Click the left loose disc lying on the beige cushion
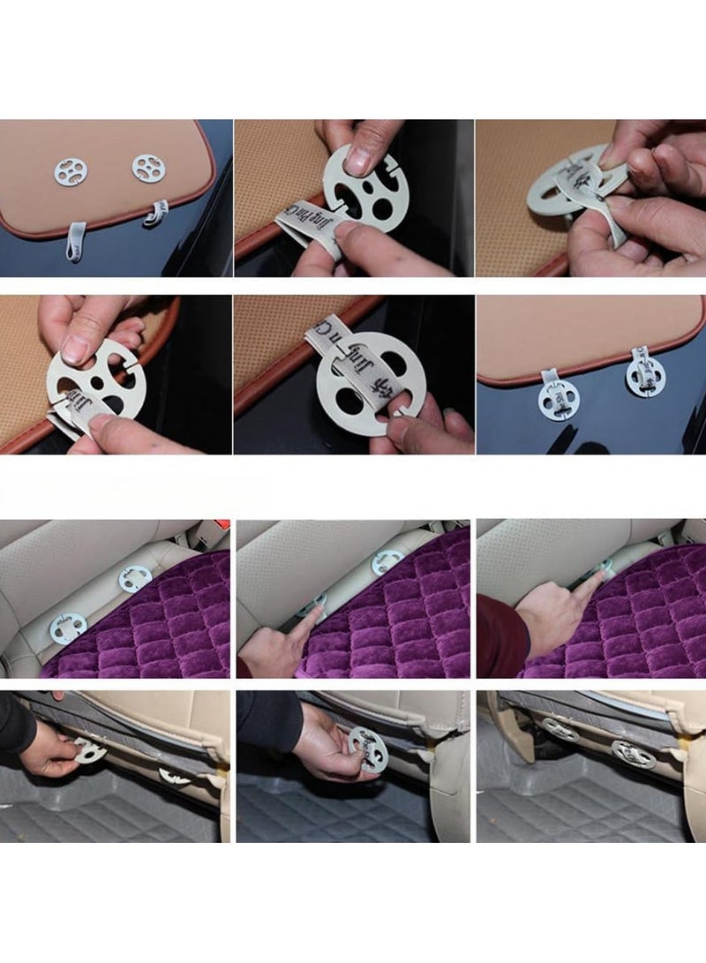pyautogui.click(x=71, y=171)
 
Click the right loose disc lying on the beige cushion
pyautogui.click(x=148, y=168)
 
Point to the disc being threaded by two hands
pyautogui.click(x=565, y=190)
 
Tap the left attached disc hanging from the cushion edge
pyautogui.click(x=558, y=400)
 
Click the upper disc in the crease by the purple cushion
pyautogui.click(x=135, y=579)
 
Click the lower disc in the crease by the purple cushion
pyautogui.click(x=67, y=628)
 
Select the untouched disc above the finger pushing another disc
pyautogui.click(x=388, y=561)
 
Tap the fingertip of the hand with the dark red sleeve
pyautogui.click(x=605, y=575)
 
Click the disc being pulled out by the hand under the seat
pyautogui.click(x=88, y=750)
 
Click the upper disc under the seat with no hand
pyautogui.click(x=561, y=728)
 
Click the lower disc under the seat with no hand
pyautogui.click(x=634, y=753)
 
